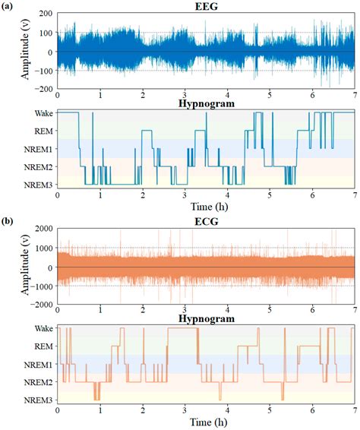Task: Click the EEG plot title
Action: coord(206,6)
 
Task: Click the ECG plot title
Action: coord(206,222)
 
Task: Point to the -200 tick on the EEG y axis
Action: coord(44,89)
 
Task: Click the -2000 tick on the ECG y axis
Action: coord(41,305)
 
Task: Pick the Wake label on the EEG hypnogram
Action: coord(43,112)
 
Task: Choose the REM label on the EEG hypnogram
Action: coord(43,131)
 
